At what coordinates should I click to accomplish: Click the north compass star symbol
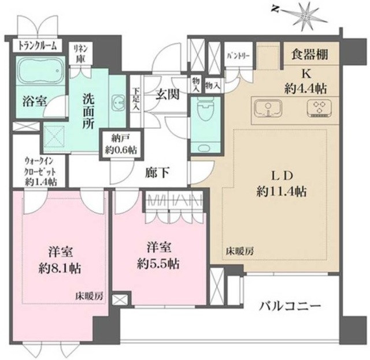tap(305, 14)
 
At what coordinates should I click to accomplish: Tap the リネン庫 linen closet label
tap(80, 54)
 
